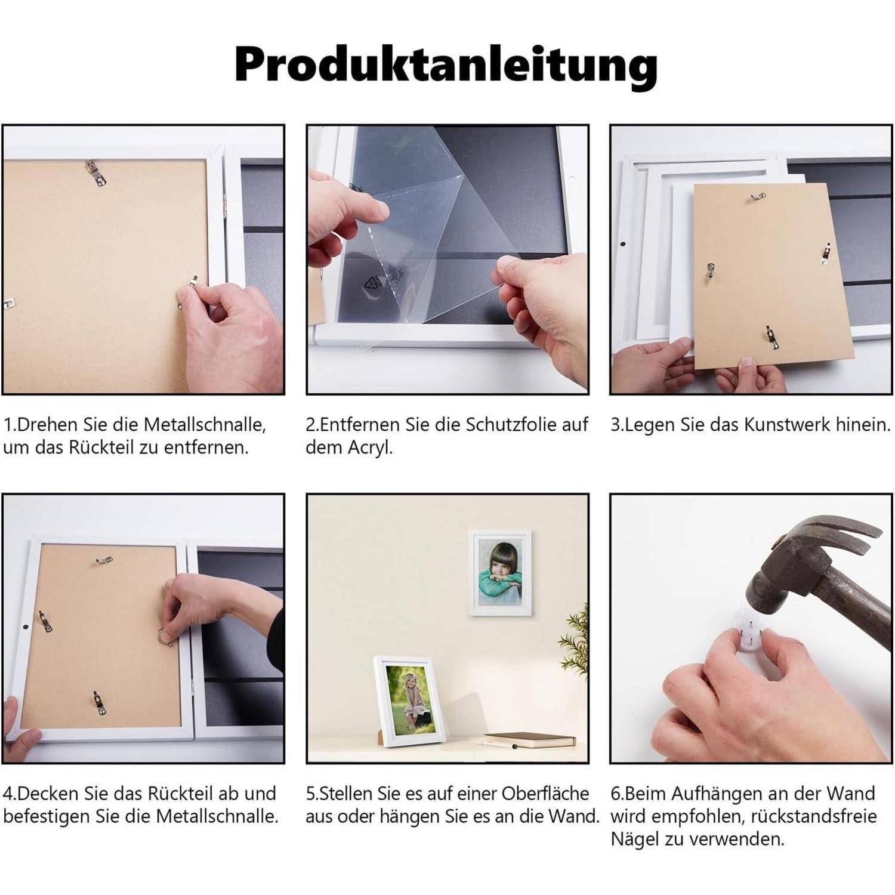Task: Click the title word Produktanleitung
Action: (x=446, y=64)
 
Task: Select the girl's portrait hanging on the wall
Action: (x=500, y=573)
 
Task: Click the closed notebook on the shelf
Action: (x=530, y=740)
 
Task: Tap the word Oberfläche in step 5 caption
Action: (x=545, y=794)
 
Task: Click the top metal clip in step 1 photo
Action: (x=95, y=173)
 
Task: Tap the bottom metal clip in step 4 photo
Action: (x=98, y=703)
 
